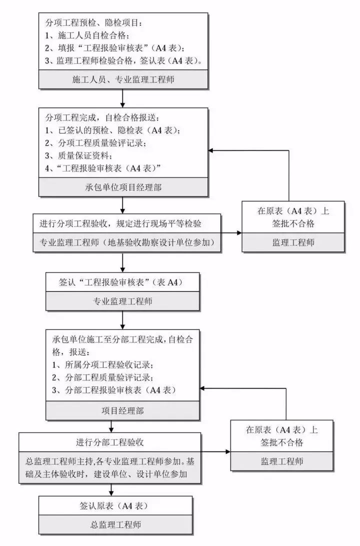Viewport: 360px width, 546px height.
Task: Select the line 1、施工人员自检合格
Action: click(87, 35)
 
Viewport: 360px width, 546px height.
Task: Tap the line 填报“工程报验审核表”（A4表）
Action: click(115, 48)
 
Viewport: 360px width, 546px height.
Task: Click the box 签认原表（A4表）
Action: click(114, 505)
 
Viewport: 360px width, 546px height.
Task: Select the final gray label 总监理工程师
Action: click(114, 524)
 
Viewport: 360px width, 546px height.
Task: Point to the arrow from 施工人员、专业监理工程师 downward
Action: click(122, 97)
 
